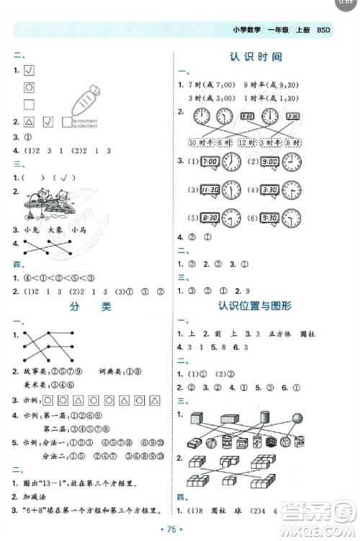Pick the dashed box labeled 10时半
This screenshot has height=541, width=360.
(202, 143)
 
